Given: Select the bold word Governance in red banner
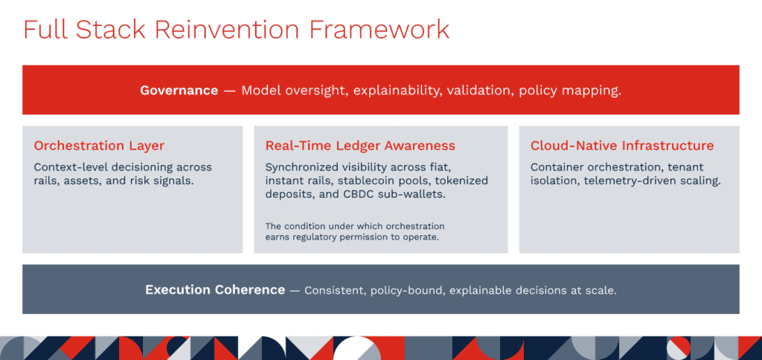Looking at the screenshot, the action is coord(179,90).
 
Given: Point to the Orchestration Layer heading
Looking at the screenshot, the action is coord(99,146).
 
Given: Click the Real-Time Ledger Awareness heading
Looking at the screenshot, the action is coord(360,146).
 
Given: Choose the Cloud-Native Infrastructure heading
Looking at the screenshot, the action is coord(622,146).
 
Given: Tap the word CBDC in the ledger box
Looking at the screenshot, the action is coord(359,194).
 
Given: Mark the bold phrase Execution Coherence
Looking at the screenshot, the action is coord(215,290).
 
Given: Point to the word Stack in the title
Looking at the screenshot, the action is coord(110,30).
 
